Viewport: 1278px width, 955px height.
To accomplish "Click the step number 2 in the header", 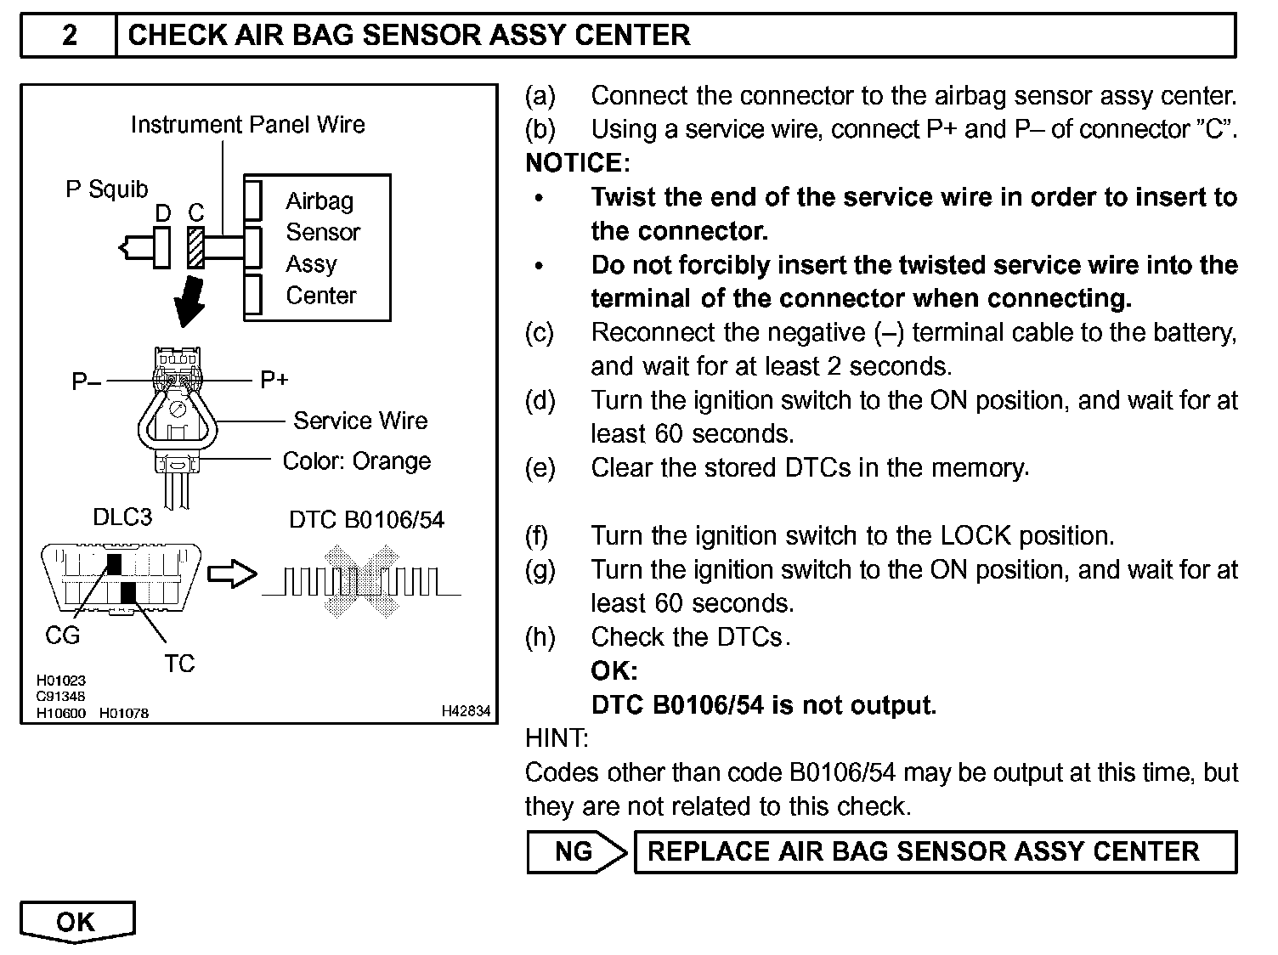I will (69, 36).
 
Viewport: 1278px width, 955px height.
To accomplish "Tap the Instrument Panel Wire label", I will (247, 125).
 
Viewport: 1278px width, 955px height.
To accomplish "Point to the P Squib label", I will (107, 189).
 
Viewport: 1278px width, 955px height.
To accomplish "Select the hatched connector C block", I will (196, 246).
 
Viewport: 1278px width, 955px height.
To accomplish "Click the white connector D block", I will (162, 246).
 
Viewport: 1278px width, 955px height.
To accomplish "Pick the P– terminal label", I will (87, 381).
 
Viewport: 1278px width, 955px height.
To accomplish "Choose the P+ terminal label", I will (274, 380).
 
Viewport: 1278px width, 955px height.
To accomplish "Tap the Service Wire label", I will (360, 421).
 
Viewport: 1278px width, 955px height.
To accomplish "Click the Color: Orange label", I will (357, 461).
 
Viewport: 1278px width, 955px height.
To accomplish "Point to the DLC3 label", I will (122, 517).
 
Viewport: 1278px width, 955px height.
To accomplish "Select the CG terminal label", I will (62, 635).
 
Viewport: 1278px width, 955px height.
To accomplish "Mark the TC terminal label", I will (179, 664).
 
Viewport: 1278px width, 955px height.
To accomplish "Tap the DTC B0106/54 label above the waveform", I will (366, 519).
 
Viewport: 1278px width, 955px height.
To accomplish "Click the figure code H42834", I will (466, 711).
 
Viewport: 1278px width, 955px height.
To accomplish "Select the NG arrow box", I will (576, 852).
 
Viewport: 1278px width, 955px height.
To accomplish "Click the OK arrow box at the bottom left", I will (76, 923).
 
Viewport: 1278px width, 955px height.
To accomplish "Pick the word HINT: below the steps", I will (557, 738).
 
